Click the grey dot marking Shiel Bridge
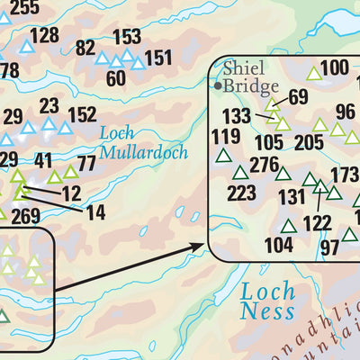tap(217, 85)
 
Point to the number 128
tap(44, 38)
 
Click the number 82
tap(85, 48)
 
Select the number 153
tap(127, 37)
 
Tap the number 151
tap(157, 58)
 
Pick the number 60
tap(115, 77)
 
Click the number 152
tap(82, 114)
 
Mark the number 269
tap(25, 216)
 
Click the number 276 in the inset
tap(264, 165)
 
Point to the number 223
tap(241, 193)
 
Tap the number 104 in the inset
tap(279, 244)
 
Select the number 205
tap(308, 142)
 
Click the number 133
tap(237, 115)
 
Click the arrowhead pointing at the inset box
tap(205, 244)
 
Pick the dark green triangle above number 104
tap(289, 226)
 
